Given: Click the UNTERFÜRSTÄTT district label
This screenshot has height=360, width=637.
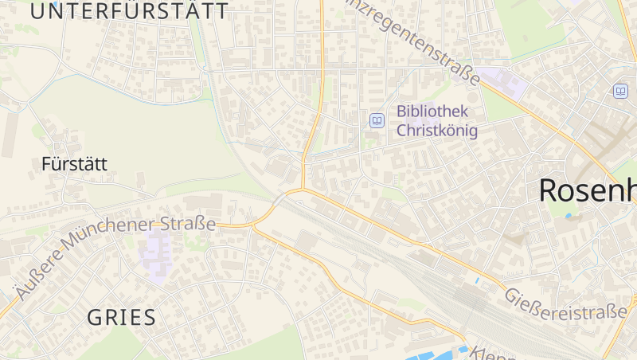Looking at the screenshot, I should pos(129,11).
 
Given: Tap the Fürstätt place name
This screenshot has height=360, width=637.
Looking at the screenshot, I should pos(74,165).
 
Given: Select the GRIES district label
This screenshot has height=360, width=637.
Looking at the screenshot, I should pos(121,318).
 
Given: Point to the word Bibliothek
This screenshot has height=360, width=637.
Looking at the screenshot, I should pos(432,112).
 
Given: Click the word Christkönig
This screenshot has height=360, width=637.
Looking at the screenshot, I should pos(437,131).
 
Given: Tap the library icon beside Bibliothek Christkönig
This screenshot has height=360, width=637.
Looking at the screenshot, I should pos(377,121).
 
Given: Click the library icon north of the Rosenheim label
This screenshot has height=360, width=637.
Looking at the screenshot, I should pos(620,91).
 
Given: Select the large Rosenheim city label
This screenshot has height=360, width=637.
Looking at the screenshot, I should pos(588,191).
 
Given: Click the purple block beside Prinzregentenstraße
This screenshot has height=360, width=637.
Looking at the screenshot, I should pos(503,81).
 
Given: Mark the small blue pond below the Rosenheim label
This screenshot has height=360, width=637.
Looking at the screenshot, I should pos(568,215).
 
